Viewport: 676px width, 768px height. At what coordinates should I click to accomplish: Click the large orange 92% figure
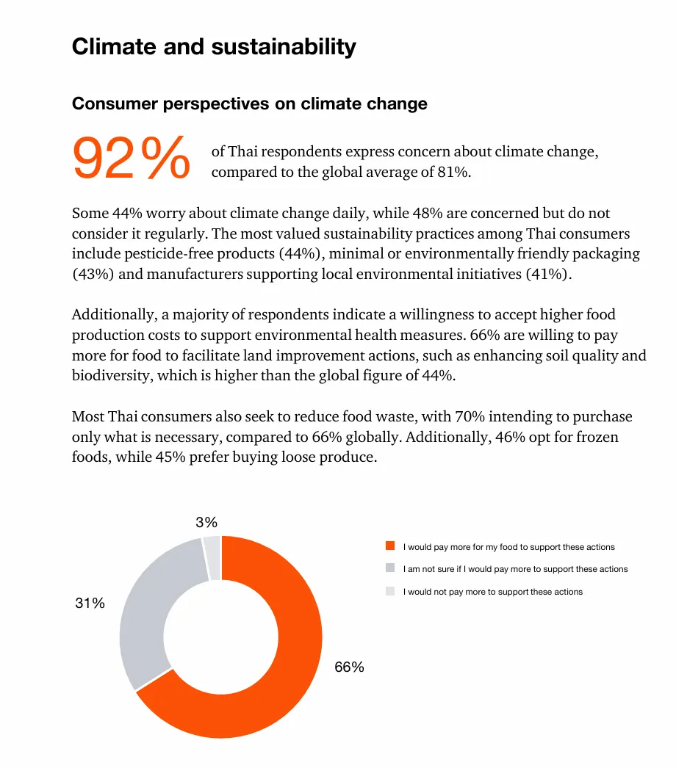[131, 158]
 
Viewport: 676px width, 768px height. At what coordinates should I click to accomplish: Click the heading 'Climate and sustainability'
[214, 47]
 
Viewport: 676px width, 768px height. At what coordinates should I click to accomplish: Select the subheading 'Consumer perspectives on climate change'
[249, 104]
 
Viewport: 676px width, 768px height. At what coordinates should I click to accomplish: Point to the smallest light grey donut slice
[212, 557]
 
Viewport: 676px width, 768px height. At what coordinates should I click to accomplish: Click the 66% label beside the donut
[349, 667]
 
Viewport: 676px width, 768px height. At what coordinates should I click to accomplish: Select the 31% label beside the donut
[90, 604]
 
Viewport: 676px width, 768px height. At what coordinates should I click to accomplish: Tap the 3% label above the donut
[206, 523]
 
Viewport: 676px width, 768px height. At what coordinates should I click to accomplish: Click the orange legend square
[390, 546]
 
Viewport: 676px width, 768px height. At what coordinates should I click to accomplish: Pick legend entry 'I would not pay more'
[492, 592]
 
